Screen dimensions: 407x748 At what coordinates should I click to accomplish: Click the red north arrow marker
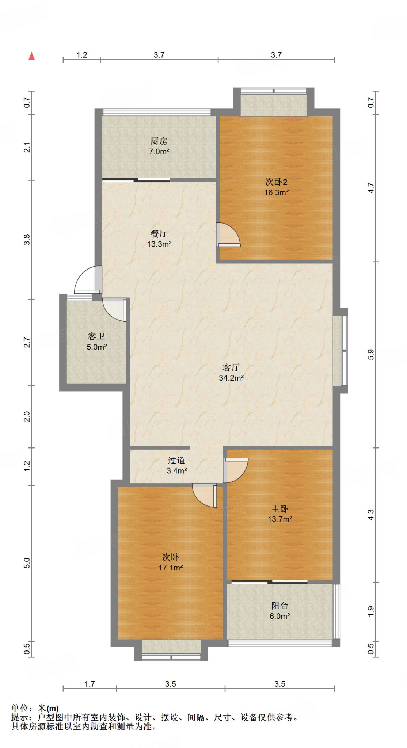click(32, 56)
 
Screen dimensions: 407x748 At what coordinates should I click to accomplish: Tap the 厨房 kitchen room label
click(159, 141)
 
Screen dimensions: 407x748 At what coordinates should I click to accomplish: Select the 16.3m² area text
click(277, 192)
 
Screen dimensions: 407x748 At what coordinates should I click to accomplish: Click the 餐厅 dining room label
click(159, 233)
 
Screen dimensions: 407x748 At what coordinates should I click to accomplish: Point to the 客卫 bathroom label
click(96, 336)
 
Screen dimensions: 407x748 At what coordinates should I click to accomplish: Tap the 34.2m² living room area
click(231, 378)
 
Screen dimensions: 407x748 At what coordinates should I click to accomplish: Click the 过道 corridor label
click(176, 461)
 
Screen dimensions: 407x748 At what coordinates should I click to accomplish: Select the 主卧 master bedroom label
click(280, 509)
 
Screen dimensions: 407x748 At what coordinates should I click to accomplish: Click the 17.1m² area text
click(171, 568)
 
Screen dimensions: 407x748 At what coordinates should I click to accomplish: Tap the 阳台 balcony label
click(280, 606)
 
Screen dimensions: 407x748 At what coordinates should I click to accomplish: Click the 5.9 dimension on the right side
click(371, 355)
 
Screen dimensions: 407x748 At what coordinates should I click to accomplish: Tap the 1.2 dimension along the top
click(82, 55)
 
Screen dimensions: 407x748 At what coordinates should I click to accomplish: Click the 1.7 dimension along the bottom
click(90, 684)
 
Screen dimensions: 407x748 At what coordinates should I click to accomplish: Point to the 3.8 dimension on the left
click(27, 240)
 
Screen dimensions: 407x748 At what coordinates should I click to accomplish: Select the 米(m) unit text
click(48, 709)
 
